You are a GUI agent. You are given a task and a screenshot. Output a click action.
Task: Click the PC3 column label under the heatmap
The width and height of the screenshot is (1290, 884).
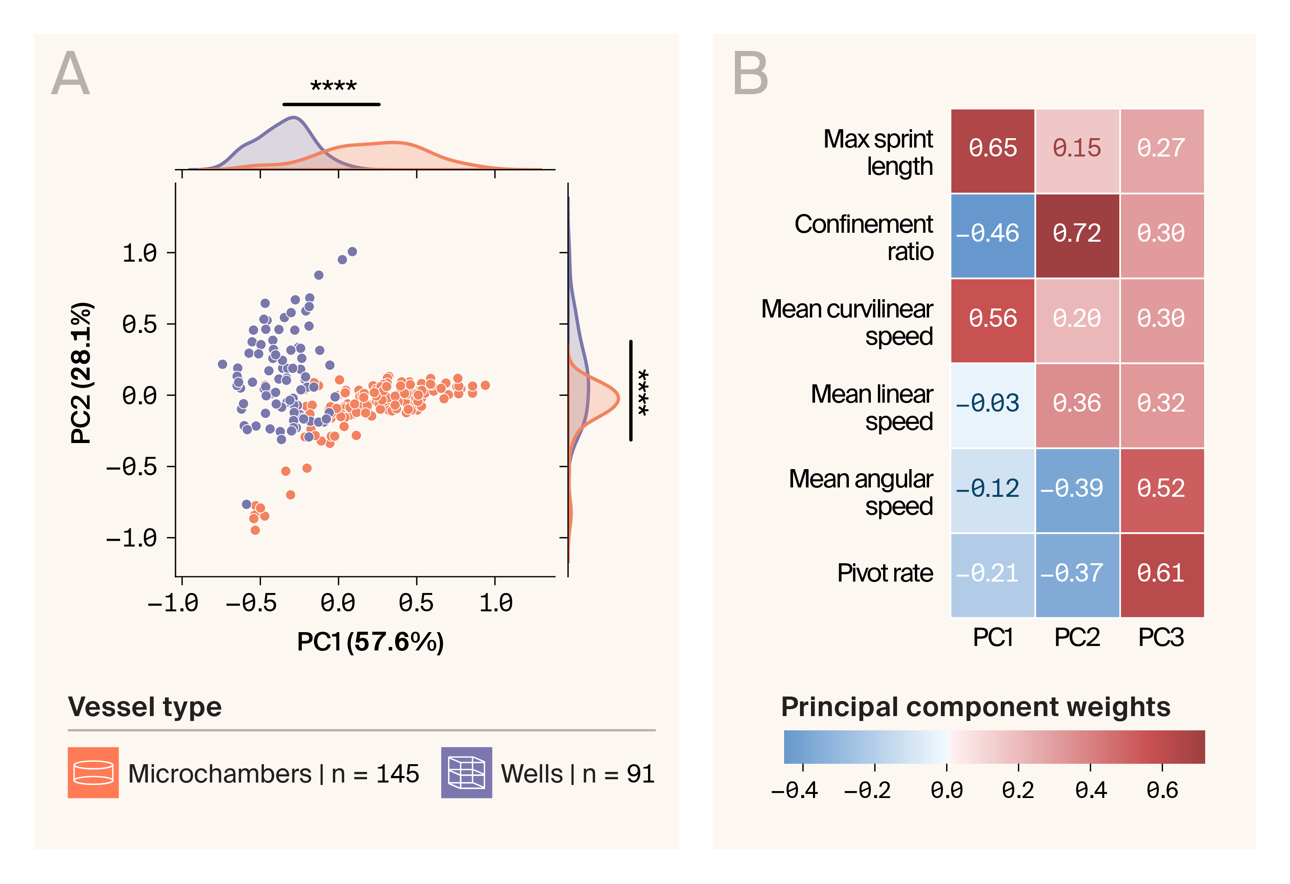(1161, 637)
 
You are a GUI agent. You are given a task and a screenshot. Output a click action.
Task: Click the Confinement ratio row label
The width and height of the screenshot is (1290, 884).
(864, 238)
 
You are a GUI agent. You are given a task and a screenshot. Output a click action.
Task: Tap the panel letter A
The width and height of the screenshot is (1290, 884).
(70, 73)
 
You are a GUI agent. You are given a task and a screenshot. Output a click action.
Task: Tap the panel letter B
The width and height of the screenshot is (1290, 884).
(750, 73)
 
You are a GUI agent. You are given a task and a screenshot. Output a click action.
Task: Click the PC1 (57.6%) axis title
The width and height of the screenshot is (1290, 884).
(370, 642)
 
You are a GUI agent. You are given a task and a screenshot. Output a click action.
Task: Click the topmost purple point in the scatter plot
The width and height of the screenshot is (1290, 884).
(352, 251)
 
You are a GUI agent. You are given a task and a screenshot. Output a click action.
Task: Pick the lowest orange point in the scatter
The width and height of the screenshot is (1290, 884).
(255, 530)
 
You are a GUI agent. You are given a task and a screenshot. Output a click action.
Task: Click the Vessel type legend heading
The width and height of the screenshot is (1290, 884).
(145, 707)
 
